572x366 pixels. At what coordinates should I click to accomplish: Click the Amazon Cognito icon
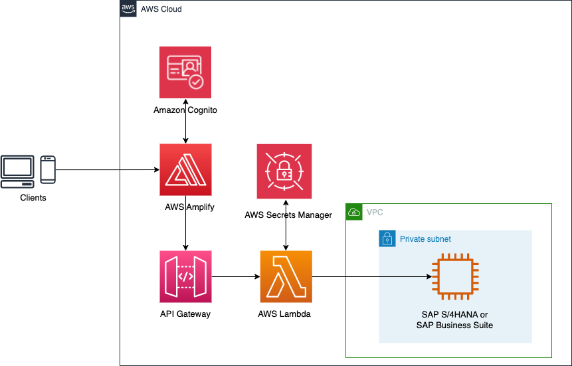[x=185, y=72]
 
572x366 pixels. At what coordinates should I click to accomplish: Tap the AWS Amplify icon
[x=185, y=169]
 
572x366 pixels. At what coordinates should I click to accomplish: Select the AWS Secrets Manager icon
[x=285, y=171]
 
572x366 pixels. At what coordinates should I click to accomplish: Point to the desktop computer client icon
[x=18, y=171]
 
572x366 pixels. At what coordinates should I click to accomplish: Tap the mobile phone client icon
[x=48, y=169]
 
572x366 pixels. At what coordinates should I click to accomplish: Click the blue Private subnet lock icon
[x=387, y=238]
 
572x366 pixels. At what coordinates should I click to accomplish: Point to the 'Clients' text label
[x=33, y=197]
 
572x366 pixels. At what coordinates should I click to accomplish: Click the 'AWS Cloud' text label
[x=161, y=9]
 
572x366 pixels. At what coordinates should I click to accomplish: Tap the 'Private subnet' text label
[x=426, y=238]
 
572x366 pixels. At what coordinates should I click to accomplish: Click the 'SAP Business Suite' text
[x=454, y=325]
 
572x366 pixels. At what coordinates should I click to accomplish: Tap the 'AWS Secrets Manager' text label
[x=288, y=215]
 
